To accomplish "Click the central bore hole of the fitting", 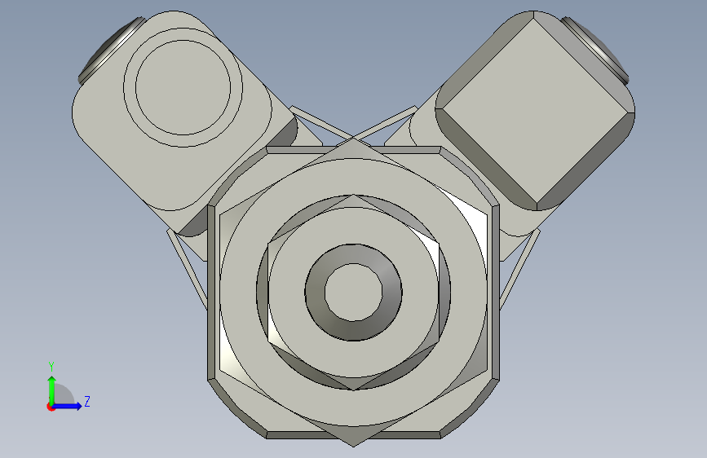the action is (354, 292).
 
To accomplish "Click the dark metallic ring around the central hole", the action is (315, 292).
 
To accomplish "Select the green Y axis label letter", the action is (51, 366).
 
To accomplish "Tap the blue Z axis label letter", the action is (87, 401).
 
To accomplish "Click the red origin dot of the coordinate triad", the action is (51, 407).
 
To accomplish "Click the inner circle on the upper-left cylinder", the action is (183, 87).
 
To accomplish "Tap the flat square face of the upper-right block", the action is (536, 111).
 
